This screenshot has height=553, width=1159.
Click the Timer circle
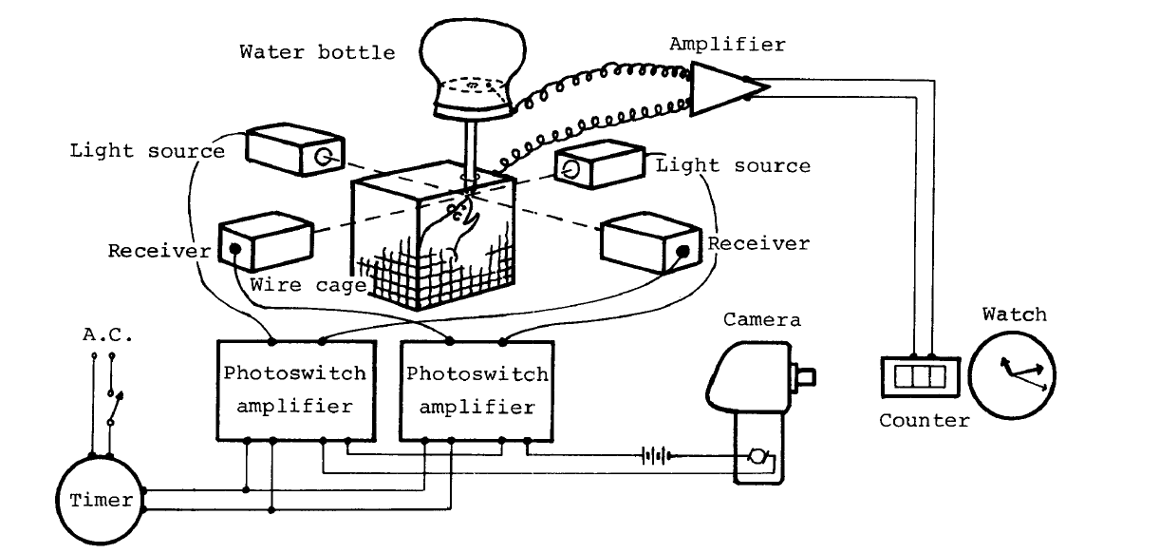point(95,499)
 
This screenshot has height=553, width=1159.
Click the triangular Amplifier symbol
point(727,88)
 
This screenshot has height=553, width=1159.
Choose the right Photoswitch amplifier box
point(477,390)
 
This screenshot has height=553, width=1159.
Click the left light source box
point(290,149)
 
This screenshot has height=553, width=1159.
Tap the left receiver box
point(265,246)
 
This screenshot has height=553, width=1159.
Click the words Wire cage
point(300,284)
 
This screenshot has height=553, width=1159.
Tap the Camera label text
point(761,319)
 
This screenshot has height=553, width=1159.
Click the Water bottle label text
point(317,51)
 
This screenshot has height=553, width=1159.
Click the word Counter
point(924,420)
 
